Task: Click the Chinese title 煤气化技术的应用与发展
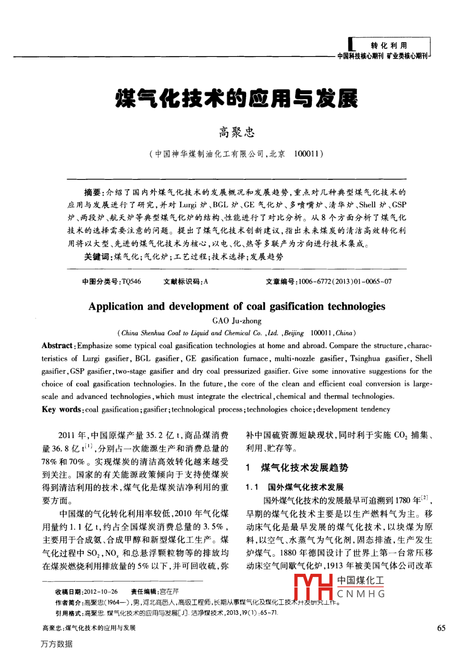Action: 237,99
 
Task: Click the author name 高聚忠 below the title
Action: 237,132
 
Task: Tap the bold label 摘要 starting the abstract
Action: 93,192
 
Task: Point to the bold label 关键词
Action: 96,257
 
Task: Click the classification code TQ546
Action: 131,281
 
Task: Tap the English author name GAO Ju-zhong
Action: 237,321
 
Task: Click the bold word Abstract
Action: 57,345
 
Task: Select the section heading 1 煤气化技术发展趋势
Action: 297,468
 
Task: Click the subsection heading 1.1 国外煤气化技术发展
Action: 295,487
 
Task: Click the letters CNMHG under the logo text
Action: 361,594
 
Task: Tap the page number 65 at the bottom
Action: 441,628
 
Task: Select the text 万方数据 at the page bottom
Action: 57,644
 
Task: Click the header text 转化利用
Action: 389,45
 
